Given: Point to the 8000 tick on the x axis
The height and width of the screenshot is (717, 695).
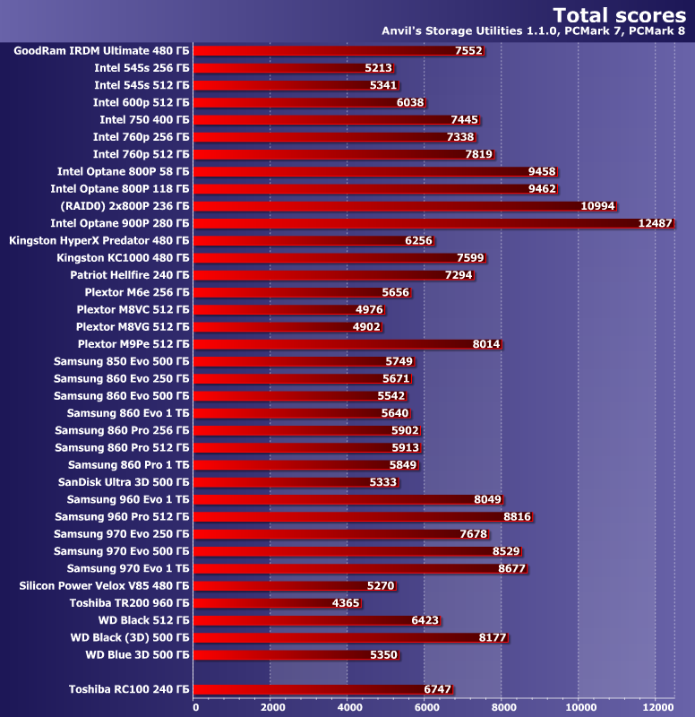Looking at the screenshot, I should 501,706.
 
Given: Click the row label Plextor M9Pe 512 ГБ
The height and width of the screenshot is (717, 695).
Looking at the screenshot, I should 133,344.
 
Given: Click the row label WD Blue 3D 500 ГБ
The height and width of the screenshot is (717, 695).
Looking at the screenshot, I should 137,655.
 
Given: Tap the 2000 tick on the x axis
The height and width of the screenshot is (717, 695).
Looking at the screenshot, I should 271,706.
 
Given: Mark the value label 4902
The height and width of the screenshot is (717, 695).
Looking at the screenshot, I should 367,327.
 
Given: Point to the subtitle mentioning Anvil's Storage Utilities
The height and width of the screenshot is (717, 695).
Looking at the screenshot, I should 536,32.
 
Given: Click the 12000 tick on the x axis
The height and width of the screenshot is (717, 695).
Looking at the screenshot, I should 655,706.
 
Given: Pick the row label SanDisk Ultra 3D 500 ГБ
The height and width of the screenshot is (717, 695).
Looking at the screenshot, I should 124,482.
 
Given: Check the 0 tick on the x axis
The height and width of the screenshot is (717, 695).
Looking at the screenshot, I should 195,706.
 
